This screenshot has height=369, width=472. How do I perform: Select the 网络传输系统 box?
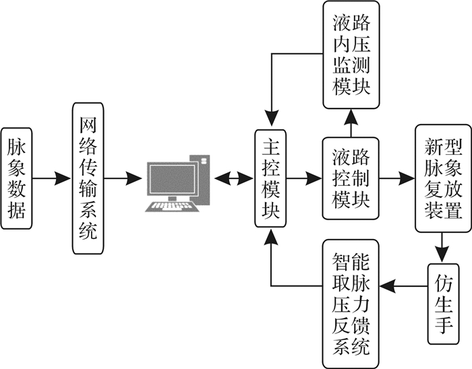click(x=88, y=178)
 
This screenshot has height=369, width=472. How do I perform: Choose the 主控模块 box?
click(x=270, y=178)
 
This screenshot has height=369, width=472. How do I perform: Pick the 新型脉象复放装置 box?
click(x=442, y=178)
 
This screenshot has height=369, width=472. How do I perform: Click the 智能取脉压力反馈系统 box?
click(x=351, y=304)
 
